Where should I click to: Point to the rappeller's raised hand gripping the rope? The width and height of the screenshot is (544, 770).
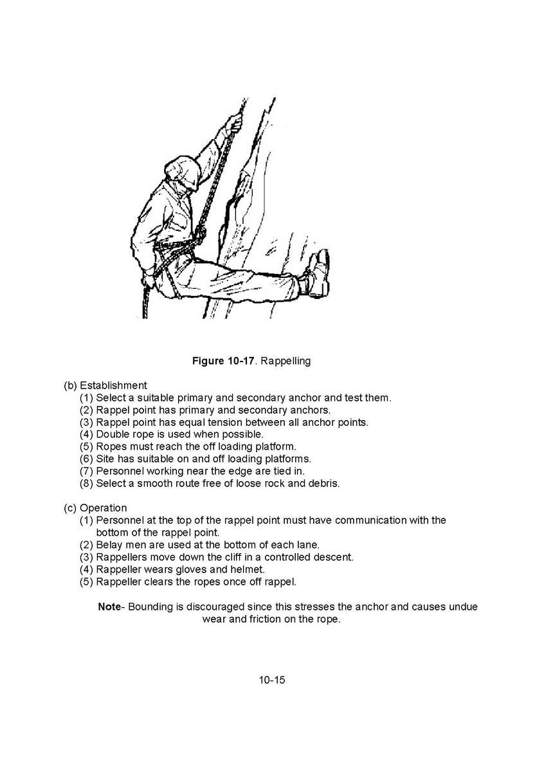point(234,123)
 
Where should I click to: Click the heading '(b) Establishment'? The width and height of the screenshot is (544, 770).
point(105,385)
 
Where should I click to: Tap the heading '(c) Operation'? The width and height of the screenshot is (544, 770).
point(95,508)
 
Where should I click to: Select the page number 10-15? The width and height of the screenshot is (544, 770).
point(272,679)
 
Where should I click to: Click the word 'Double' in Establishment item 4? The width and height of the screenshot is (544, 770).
point(113,434)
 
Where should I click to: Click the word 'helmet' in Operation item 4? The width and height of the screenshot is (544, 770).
point(248,569)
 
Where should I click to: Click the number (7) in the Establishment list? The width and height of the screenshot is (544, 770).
point(86,471)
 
